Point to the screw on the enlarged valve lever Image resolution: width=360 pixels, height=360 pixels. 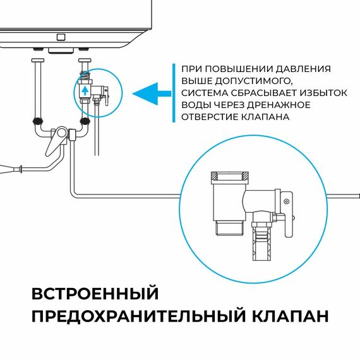[x=286, y=201]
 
